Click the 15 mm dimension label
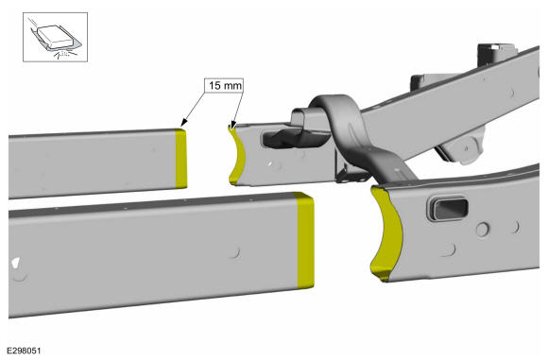tap(224, 85)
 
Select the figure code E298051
tap(25, 351)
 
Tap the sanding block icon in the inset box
tap(55, 37)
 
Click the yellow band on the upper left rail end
tap(180, 159)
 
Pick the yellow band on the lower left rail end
tap(305, 240)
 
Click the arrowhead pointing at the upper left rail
tap(183, 123)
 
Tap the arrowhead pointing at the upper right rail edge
tap(233, 125)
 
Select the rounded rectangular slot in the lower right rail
tap(448, 208)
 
